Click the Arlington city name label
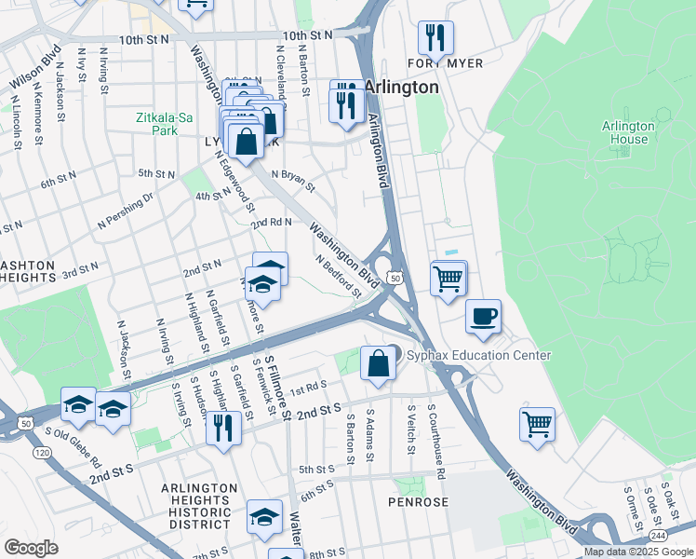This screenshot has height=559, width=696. click(x=401, y=87)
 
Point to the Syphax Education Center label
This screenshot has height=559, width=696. click(x=478, y=356)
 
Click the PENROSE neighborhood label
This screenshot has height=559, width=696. click(x=418, y=502)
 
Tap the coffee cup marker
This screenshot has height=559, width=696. click(x=483, y=317)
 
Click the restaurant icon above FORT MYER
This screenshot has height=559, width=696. click(x=435, y=39)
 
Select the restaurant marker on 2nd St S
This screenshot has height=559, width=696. click(x=222, y=429)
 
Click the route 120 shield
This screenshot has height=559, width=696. click(x=42, y=452)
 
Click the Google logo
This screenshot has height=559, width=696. click(x=31, y=548)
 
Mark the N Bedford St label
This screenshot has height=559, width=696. click(x=337, y=277)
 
